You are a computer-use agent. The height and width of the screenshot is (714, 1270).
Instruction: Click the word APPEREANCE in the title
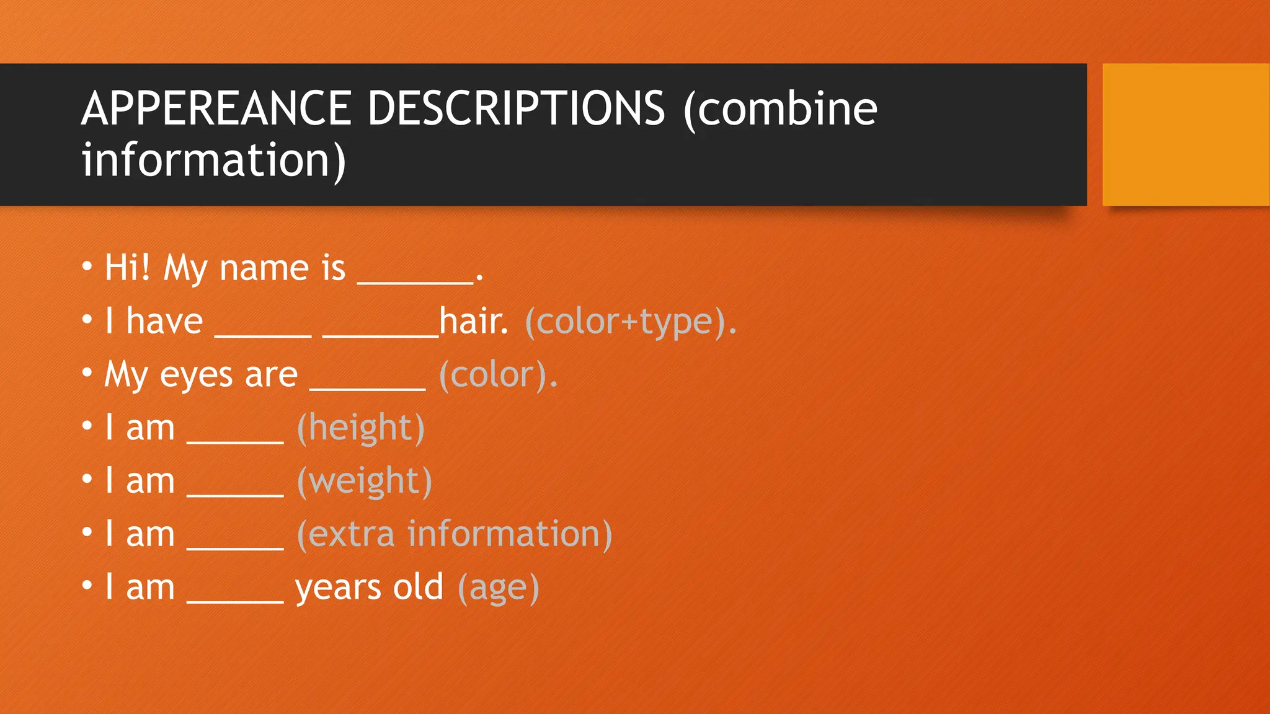pos(215,108)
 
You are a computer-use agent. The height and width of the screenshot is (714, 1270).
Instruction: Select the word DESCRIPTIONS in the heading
pos(517,108)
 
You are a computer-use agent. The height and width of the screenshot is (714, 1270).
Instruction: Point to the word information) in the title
pos(213,161)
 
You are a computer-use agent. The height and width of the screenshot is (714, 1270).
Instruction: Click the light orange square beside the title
pos(1186,134)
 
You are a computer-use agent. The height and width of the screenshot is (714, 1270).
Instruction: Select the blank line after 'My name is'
pos(415,281)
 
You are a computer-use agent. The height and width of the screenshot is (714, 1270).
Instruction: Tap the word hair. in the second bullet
pos(474,321)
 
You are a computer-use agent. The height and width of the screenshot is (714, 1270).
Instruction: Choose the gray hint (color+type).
pos(631,322)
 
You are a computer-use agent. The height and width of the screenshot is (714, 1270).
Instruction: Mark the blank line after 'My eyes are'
pos(367,388)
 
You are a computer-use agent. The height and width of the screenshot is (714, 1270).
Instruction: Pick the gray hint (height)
pos(361,428)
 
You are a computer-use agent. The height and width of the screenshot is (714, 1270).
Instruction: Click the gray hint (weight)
pos(365,482)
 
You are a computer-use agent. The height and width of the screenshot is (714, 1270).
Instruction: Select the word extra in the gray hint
pos(351,534)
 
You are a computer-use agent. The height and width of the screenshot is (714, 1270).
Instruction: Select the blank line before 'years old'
pos(235,601)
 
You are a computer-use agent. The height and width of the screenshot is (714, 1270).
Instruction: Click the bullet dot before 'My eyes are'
pos(87,373)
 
